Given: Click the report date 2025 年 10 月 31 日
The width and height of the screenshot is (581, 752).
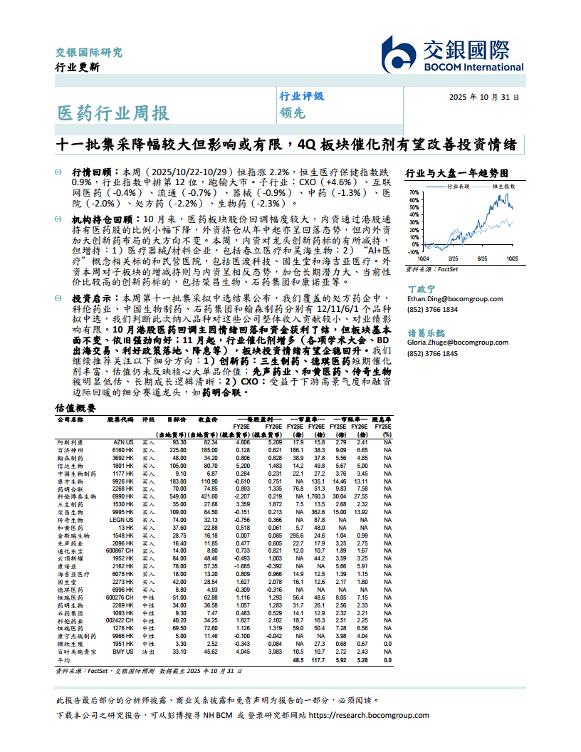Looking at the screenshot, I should click(483, 97).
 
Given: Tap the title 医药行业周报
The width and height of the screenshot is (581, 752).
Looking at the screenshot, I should click(113, 113).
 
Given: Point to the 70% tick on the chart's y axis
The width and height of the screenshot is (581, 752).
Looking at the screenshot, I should click(412, 192).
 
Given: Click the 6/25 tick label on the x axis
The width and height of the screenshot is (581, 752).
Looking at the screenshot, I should click(482, 259).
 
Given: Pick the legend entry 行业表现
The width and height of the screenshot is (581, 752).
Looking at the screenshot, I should click(458, 185).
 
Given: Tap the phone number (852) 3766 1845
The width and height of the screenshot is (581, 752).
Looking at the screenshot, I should click(432, 354).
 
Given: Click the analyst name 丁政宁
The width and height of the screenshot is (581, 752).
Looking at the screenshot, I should click(420, 289).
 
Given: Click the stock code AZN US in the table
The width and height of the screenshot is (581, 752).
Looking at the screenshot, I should click(124, 442).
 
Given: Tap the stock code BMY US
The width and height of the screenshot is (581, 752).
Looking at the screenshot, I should click(123, 651).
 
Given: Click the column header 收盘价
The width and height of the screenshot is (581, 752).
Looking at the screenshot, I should click(208, 420).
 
